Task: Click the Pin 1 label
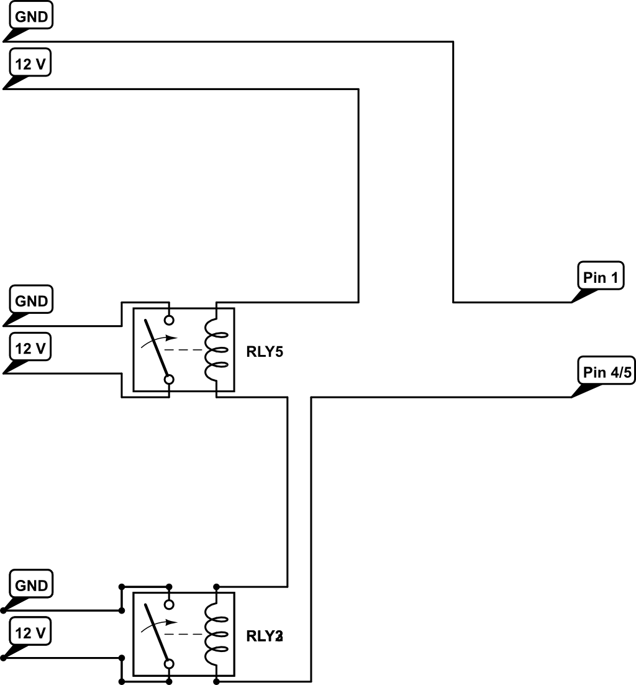[x=601, y=277]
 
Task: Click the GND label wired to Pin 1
[x=31, y=17]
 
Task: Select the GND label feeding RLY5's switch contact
[x=31, y=301]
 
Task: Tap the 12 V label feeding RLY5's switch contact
[x=31, y=348]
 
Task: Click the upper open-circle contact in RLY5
[x=169, y=321]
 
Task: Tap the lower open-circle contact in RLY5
[x=169, y=379]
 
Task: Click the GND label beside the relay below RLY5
[x=31, y=586]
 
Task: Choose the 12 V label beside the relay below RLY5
[x=31, y=633]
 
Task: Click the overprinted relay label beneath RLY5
[x=265, y=636]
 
